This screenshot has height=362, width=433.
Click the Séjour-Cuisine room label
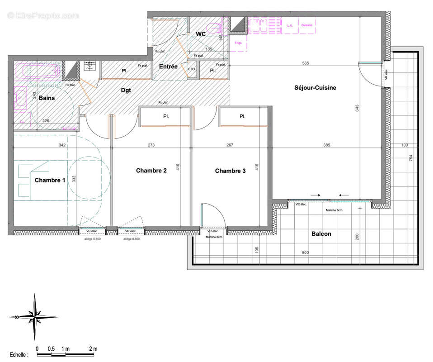pos(315,88)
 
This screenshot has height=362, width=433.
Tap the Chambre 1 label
pos(50,180)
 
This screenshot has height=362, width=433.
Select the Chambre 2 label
pos(151,171)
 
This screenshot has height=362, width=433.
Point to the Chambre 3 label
pos(230,171)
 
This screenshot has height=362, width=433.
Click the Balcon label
pos(321,234)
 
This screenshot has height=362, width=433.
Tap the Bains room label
pos(47,98)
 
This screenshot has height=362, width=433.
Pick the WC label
pos(201,34)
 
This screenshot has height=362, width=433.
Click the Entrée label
pos(168,67)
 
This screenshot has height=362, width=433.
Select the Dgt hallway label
pos(126,90)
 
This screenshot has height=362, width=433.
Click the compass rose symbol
pos(34,316)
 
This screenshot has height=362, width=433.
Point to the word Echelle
pos(19,355)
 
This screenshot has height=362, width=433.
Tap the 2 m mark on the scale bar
pos(93,348)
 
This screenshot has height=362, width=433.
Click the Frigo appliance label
pos(238,43)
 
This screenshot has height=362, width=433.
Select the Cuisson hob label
pos(307,25)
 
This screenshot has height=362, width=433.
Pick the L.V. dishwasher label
pos(291,25)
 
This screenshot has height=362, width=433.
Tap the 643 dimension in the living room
pos(357,108)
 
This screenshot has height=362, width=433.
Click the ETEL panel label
pos(192,69)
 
